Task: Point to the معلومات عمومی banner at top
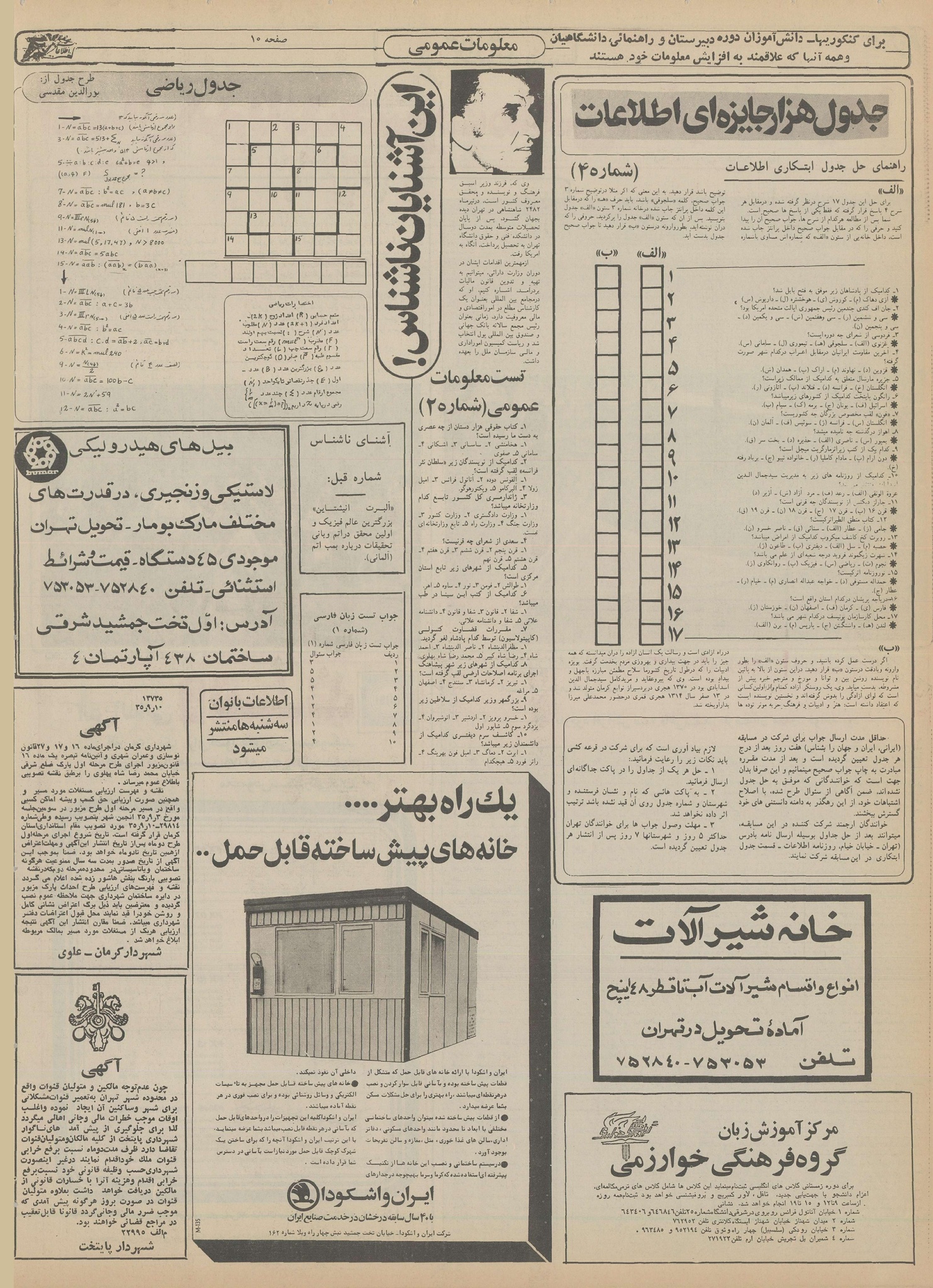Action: pos(463,46)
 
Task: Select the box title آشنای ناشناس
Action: pos(352,442)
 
